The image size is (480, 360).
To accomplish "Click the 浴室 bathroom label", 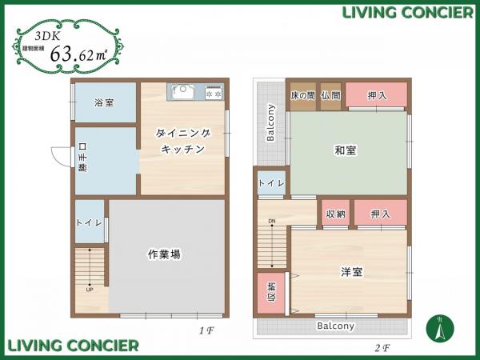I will coord(103,103).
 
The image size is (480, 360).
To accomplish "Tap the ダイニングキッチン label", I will coord(183,142).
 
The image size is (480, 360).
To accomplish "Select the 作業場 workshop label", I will coord(164,254).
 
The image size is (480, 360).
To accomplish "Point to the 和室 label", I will coord(346,150).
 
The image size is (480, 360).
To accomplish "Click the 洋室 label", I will coord(352,273).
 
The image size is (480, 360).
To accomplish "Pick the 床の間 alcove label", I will coord(302,96).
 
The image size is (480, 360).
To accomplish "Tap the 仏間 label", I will coord(330,96).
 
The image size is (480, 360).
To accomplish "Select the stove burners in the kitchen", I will coord(214,93).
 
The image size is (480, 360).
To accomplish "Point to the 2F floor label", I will coord(382,348).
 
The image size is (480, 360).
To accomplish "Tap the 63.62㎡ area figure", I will coord(78,54).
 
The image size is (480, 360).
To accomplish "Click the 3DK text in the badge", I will coord(46,36).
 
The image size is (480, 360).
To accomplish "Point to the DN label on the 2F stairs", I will coord(271,221).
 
